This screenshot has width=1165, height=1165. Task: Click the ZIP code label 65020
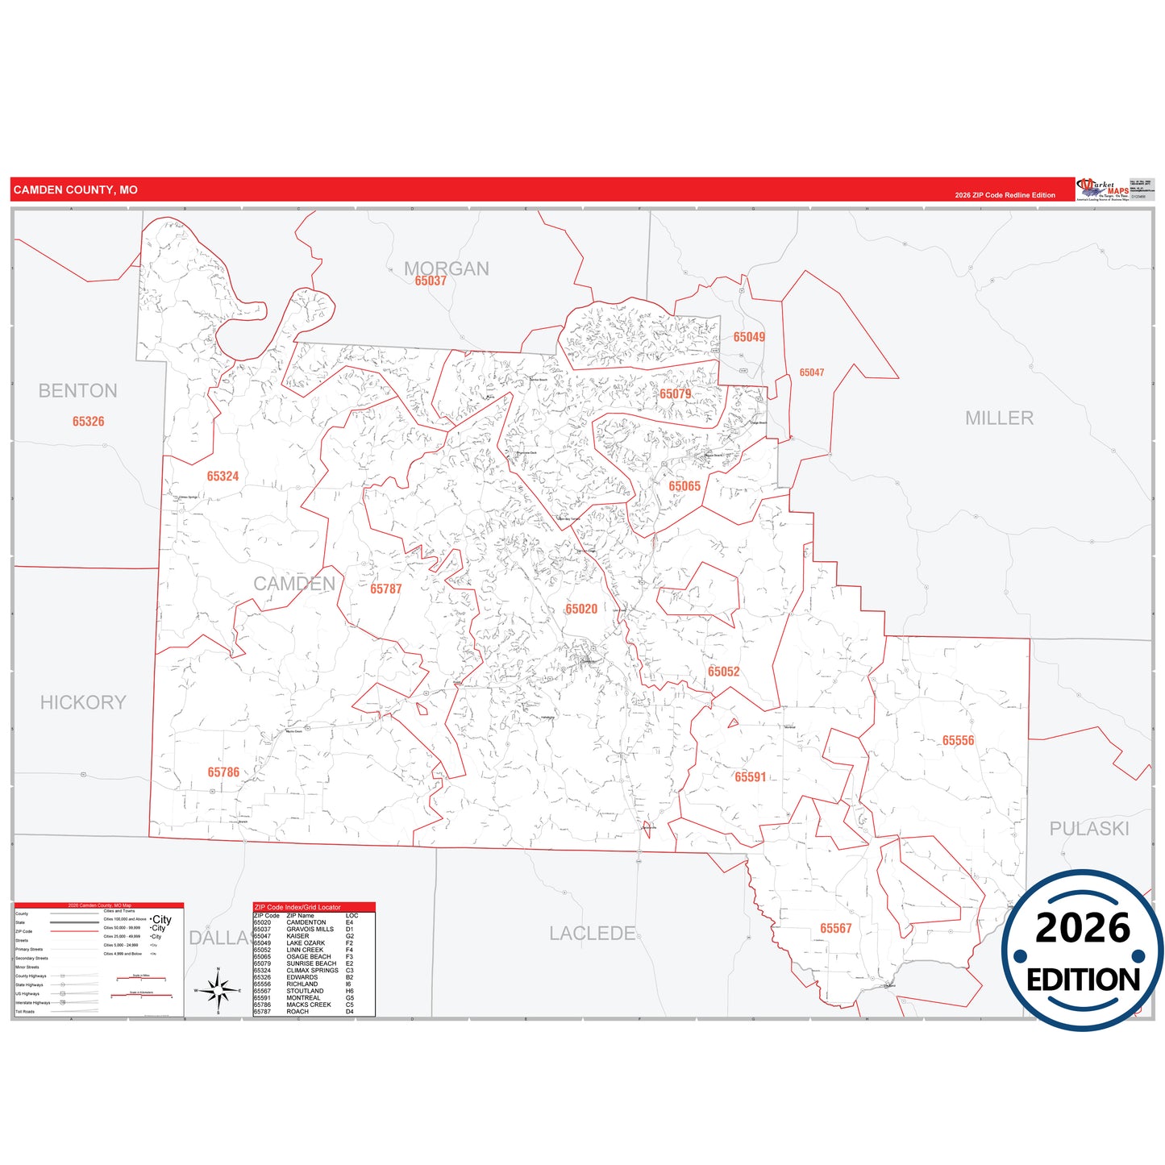[x=581, y=610]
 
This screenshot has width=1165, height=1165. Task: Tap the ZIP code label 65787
[x=385, y=589]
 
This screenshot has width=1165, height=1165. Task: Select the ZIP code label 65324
[x=223, y=476]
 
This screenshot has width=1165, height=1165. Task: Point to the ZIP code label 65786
[x=223, y=772]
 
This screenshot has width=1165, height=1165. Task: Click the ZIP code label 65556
[x=958, y=741]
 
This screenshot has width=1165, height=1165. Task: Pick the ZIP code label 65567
[x=835, y=929]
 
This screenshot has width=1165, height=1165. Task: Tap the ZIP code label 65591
[x=750, y=777]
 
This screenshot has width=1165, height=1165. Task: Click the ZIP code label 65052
[x=723, y=672]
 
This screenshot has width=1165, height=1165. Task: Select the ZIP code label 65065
[x=684, y=486]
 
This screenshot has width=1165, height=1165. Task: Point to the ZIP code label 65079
[x=675, y=394]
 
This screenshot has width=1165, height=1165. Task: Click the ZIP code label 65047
[x=812, y=372]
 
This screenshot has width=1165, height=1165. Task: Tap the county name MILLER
[x=999, y=418]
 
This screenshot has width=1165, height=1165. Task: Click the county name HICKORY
[x=83, y=703]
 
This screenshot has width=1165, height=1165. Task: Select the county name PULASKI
[x=1088, y=829]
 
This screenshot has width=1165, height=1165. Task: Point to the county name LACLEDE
[x=592, y=934]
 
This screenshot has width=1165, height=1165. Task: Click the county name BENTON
[x=77, y=391]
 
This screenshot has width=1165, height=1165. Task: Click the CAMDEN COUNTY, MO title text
[x=75, y=190]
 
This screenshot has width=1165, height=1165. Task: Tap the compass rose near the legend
[x=218, y=990]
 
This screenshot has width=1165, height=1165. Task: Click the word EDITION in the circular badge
[x=1083, y=980]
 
